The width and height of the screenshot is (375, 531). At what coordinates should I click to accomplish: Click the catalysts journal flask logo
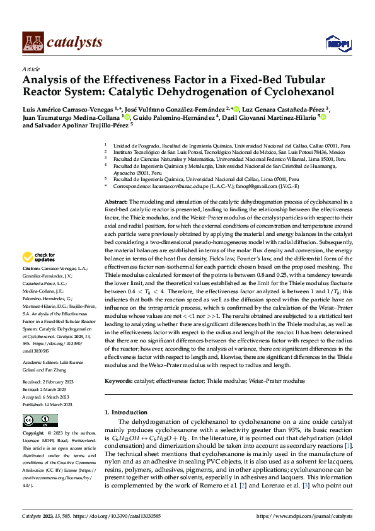point(32,42)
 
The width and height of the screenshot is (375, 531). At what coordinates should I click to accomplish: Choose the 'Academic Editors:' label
point(42,363)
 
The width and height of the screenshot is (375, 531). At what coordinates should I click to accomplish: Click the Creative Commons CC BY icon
point(40,421)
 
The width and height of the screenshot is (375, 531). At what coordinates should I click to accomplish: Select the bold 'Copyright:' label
point(34,434)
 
